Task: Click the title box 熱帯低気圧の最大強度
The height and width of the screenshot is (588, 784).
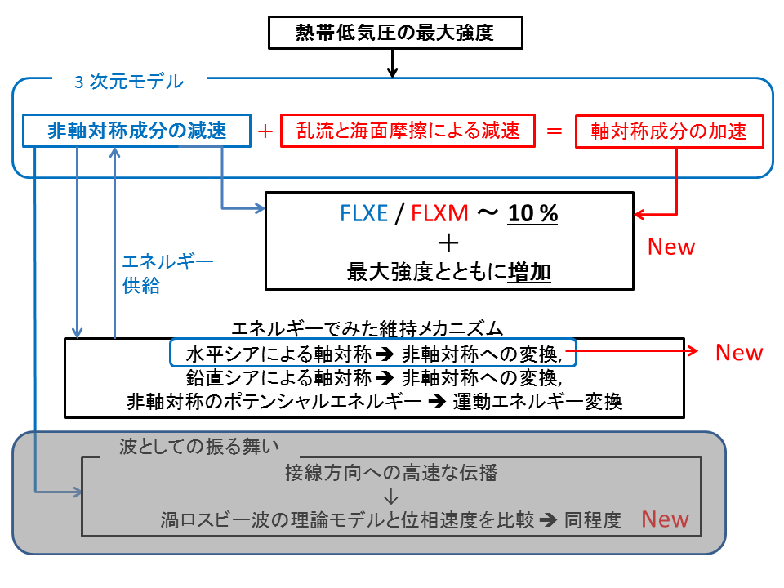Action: [x=394, y=33]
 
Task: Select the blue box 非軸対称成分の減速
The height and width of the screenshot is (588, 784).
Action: [x=136, y=131]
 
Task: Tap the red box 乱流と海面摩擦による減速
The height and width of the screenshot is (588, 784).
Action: [x=408, y=131]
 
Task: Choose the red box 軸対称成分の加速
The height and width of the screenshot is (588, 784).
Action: [x=669, y=131]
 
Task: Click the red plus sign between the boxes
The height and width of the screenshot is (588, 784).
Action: [x=265, y=131]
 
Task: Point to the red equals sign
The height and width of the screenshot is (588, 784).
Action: [x=555, y=131]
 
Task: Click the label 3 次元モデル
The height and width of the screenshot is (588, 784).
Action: [x=128, y=82]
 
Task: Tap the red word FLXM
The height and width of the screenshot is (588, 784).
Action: [x=440, y=215]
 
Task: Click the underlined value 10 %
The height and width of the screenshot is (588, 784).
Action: [x=532, y=215]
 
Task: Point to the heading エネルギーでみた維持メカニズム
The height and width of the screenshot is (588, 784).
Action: [x=367, y=328]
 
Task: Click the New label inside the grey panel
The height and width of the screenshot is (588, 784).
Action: [x=665, y=519]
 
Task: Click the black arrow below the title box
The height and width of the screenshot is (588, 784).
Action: [x=393, y=64]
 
